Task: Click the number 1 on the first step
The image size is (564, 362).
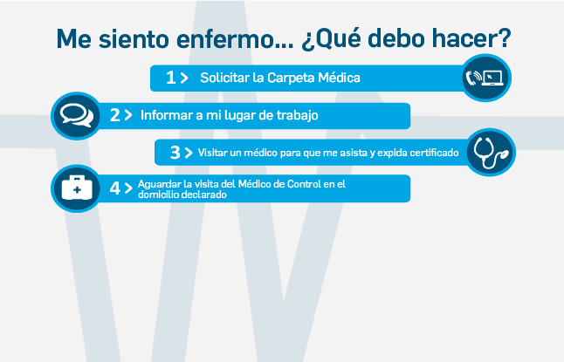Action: pyautogui.click(x=170, y=78)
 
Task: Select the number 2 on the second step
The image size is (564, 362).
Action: pyautogui.click(x=114, y=115)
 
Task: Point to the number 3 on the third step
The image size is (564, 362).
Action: pyautogui.click(x=175, y=153)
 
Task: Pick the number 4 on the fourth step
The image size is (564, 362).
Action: pyautogui.click(x=115, y=188)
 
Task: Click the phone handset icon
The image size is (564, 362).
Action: pyautogui.click(x=473, y=78)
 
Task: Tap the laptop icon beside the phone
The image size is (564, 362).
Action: pyautogui.click(x=492, y=78)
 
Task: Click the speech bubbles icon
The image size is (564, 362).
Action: pyautogui.click(x=77, y=115)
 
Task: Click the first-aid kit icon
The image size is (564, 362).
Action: pyautogui.click(x=77, y=188)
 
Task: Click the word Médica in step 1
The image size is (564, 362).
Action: pyautogui.click(x=339, y=78)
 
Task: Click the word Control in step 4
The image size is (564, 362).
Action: pyautogui.click(x=304, y=184)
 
